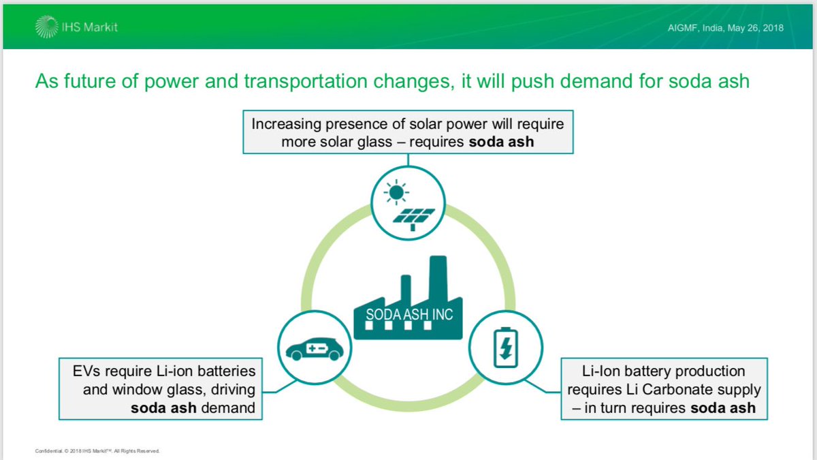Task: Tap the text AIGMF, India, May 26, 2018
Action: click(726, 28)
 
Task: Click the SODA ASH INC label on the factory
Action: click(408, 315)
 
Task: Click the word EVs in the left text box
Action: click(87, 371)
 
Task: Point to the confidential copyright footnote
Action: click(97, 450)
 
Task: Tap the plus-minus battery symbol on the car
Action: click(319, 349)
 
